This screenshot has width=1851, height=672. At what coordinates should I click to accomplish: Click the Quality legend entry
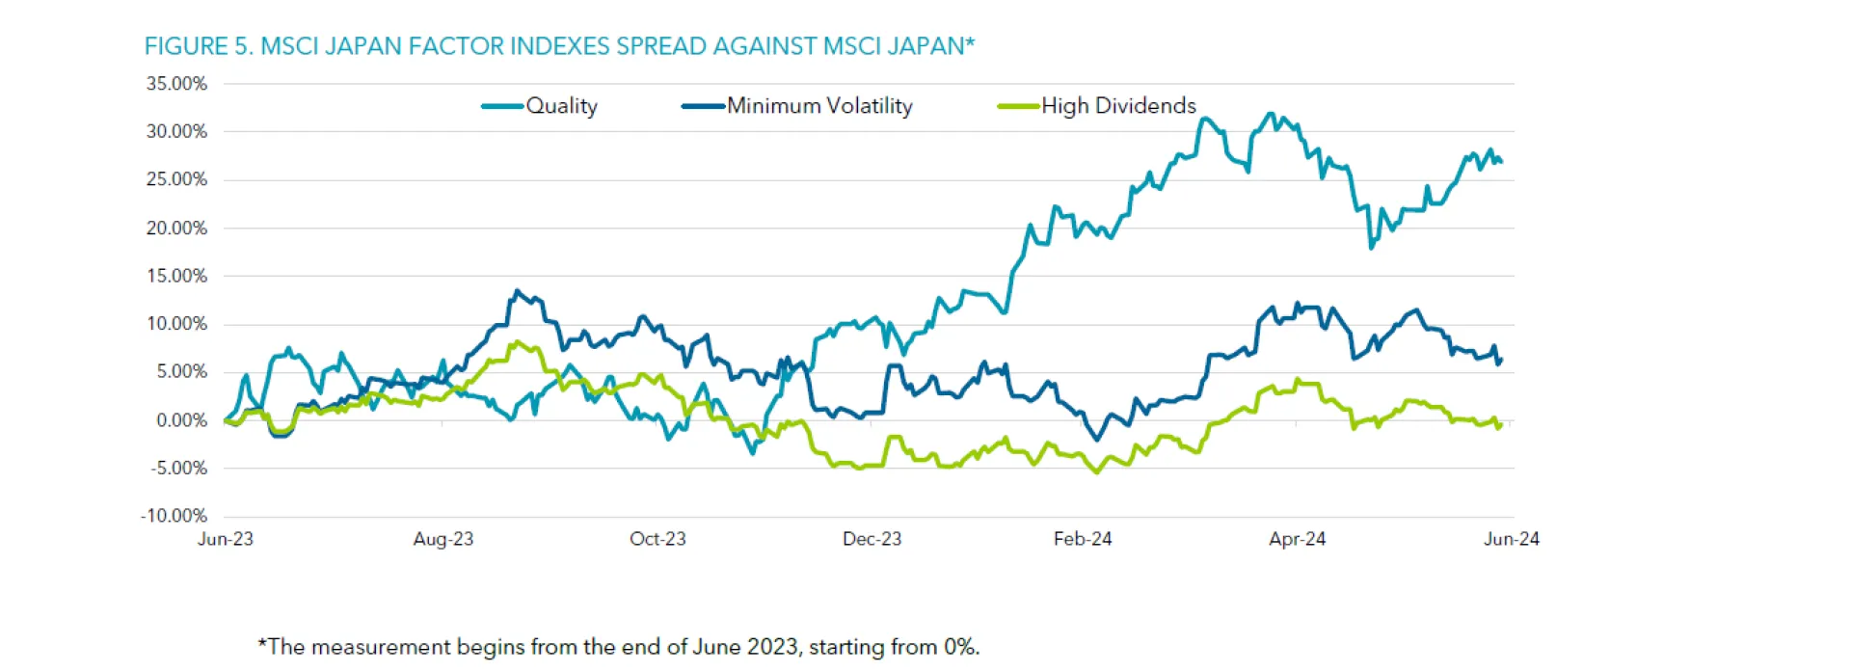coord(561,106)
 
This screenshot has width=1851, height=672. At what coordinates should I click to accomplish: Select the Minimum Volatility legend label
coord(819,106)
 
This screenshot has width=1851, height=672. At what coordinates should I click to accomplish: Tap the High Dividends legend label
coord(1118,106)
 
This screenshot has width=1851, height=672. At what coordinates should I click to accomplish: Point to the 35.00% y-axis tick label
coord(176,84)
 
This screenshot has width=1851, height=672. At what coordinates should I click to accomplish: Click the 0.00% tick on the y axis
coord(181,420)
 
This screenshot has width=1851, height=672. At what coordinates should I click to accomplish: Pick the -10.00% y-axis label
coord(174,516)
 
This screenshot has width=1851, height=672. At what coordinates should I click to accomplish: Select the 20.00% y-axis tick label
coord(176,228)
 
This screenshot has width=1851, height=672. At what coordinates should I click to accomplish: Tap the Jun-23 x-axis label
coord(226,539)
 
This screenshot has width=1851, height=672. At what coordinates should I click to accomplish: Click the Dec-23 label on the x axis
coord(872,539)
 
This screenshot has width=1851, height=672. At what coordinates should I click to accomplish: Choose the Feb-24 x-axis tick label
coord(1083,539)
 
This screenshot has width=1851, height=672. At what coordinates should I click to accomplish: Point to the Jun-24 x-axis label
coord(1511,539)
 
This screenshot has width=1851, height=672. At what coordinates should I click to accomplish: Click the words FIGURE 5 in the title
coord(198,46)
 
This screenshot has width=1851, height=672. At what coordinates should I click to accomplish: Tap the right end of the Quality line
coord(1501,162)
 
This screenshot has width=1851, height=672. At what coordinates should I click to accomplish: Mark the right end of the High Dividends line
coord(1501,425)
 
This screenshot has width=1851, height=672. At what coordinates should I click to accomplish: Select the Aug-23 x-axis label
coord(443,539)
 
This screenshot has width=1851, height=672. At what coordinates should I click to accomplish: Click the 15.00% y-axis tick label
coord(176,277)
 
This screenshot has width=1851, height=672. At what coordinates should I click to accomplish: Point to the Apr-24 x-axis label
coord(1297,539)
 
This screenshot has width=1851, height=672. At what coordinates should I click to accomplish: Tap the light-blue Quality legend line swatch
coord(502,106)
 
